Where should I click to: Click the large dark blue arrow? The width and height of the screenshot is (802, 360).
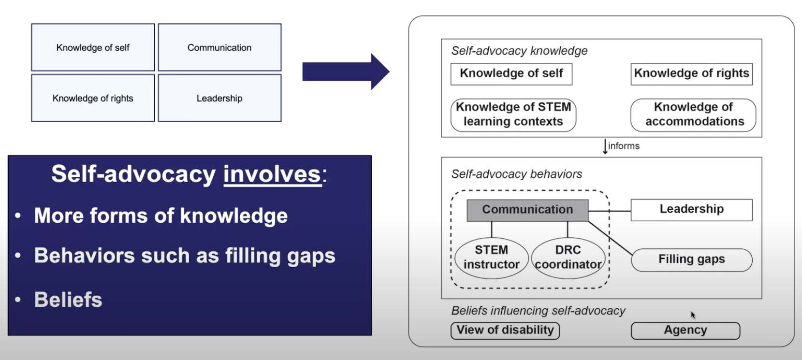[345, 72]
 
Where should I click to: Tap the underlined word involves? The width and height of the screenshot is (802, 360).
[272, 174]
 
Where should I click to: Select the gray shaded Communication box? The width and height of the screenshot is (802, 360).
[527, 210]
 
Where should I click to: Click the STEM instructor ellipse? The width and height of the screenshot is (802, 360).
[491, 258]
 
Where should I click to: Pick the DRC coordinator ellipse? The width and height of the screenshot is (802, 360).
[568, 258]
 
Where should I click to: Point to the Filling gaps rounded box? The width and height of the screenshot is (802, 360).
[691, 259]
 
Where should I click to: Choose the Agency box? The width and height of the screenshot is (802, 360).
[685, 331]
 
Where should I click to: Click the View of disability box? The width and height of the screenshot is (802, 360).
[505, 331]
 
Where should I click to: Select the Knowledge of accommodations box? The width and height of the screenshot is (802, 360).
[693, 115]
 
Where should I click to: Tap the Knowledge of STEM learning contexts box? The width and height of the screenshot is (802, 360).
[513, 115]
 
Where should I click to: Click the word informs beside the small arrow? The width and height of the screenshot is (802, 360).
[624, 146]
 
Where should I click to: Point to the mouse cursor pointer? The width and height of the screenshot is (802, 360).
[693, 315]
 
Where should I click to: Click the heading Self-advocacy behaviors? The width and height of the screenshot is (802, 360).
[516, 174]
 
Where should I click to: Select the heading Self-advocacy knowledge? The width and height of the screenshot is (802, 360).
[519, 51]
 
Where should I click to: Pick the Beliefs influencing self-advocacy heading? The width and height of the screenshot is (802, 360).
[538, 311]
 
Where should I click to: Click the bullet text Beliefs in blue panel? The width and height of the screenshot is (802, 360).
[68, 300]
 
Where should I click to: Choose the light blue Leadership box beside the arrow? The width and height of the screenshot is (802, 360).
[219, 98]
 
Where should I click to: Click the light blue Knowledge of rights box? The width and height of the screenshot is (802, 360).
[93, 98]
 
